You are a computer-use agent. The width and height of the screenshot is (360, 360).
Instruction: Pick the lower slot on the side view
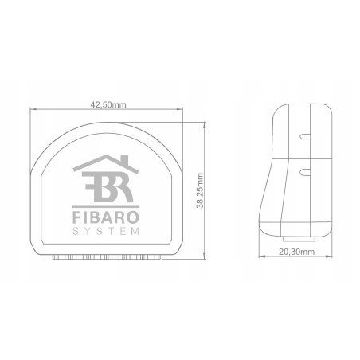[304, 170]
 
